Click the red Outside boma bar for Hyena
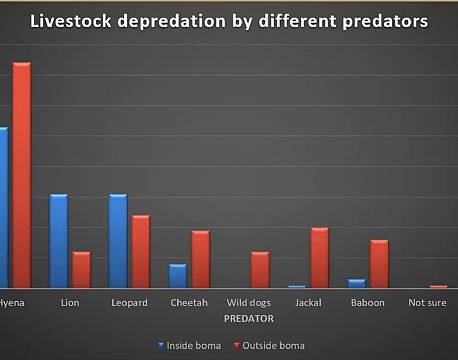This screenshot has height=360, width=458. pos(21,176)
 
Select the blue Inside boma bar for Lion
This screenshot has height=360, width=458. pos(59,241)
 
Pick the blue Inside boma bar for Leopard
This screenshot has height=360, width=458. pos(118,241)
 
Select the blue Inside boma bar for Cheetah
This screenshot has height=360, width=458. pos(178,276)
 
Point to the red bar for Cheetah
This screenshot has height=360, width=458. pos(200,259)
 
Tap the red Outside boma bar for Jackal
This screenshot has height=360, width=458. pos(319,258)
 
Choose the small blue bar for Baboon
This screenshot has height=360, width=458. pos(356,283)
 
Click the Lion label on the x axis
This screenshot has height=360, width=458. pos(70,303)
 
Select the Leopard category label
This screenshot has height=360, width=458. pos(129,303)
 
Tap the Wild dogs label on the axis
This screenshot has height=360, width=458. pos(248,303)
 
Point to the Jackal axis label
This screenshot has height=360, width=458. pos(308,303)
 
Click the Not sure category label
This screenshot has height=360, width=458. pos(428,303)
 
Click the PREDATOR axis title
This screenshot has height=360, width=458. pos(248,318)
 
